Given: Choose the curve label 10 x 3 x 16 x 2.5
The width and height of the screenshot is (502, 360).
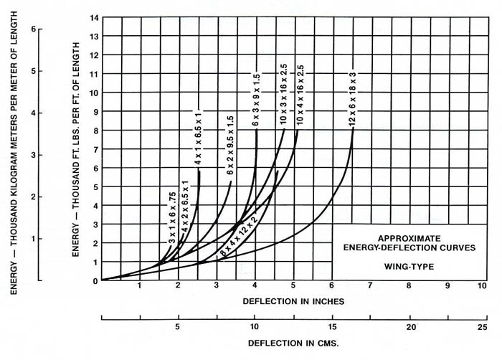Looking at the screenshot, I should tap(284, 100).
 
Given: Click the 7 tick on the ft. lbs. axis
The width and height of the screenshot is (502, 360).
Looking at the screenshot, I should tap(95, 148).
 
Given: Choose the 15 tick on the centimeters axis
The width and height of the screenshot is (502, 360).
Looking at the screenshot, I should tap(331, 327).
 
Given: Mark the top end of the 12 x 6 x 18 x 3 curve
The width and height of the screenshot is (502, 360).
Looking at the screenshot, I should tap(353, 129).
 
